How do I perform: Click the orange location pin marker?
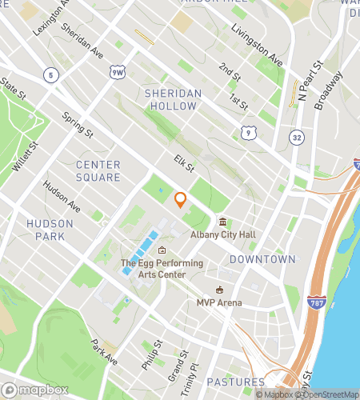[180, 200]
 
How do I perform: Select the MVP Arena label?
[218, 303]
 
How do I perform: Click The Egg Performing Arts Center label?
[162, 268]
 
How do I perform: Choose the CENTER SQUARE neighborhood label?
[98, 170]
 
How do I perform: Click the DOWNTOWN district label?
[262, 259]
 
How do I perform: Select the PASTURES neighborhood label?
[235, 382]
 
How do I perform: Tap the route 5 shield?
[52, 76]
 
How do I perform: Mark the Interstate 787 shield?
[315, 303]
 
